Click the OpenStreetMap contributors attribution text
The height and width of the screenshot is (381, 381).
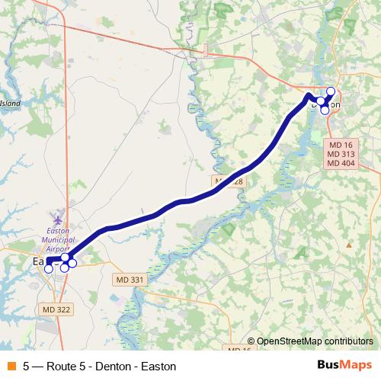315,342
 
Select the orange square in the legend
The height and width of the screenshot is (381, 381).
10,366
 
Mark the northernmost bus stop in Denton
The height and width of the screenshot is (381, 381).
331,91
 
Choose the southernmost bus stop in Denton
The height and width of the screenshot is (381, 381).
325,110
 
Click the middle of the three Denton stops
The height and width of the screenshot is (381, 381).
322,101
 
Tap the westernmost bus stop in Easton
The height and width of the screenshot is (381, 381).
49,268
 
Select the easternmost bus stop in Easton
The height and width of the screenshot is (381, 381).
72,264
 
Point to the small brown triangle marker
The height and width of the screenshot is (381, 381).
349,245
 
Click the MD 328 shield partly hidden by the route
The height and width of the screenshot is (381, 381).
227,181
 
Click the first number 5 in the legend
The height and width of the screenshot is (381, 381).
27,366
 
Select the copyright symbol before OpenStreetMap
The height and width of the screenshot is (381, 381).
251,342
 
